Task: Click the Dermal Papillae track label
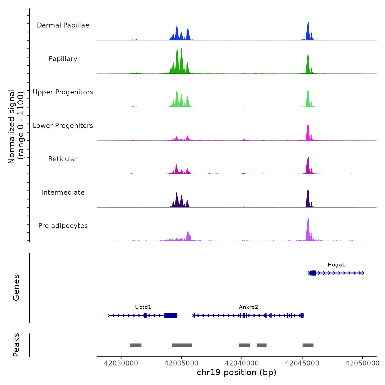point(63,25)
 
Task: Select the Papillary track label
point(63,59)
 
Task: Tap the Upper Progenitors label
point(63,92)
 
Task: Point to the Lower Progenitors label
point(63,126)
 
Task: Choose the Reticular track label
point(63,159)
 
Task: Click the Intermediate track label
point(63,193)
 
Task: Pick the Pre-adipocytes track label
point(63,226)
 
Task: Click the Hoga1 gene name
point(336,265)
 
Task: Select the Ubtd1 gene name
point(143,307)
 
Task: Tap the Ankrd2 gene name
point(249,307)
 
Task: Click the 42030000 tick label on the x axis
point(121,363)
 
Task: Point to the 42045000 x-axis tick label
point(302,363)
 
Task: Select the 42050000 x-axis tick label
point(362,363)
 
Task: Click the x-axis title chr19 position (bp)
point(237,372)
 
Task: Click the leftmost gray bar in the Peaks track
point(136,345)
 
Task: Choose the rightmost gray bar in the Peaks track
point(308,345)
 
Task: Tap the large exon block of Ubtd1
point(171,315)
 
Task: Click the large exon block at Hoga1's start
point(313,273)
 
